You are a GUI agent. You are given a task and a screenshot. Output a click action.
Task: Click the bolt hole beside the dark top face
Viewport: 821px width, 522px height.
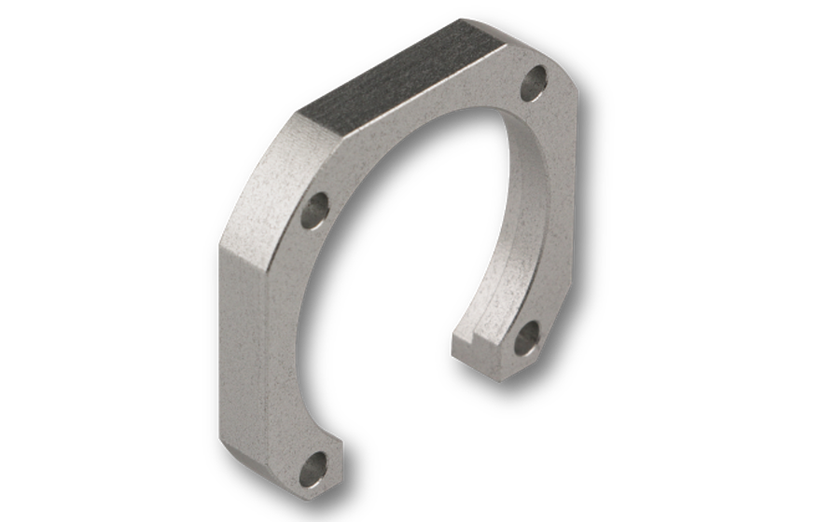[533, 84]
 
